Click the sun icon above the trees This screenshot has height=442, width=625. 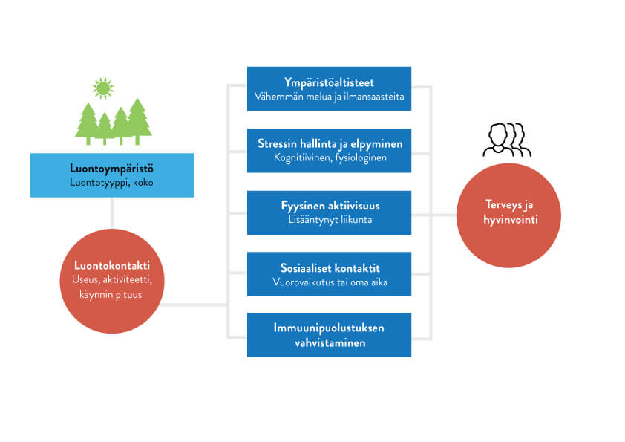pos(103,88)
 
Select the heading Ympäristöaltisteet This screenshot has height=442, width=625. pos(329,82)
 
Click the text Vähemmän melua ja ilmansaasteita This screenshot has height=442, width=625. pos(329,96)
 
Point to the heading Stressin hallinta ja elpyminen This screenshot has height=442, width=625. pos(329,143)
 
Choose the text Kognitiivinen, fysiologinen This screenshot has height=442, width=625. pos(329,157)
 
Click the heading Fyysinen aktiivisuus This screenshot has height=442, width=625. pos(329,205)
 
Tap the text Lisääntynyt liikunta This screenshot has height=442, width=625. pos(329,219)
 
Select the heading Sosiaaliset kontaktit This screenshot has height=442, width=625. pos(329,267)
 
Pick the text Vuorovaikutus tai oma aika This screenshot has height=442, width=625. pos(329,282)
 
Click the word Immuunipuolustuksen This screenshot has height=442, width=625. pos(329,328)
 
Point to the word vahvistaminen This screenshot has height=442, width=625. pos(329,342)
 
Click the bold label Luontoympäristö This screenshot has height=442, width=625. pos(111,168)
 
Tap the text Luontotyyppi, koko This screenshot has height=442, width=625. pos(111,182)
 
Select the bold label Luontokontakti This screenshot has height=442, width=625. pos(111,265)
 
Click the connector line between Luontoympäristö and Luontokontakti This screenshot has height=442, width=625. pos(111,213)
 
